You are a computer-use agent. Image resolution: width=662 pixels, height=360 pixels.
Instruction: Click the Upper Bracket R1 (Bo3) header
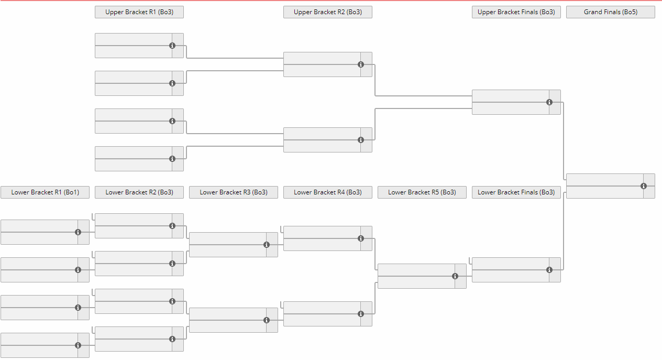click(x=139, y=12)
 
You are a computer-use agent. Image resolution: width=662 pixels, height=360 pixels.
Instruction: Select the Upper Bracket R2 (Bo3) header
click(x=328, y=12)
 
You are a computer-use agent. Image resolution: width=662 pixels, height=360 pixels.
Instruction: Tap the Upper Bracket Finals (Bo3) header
click(x=516, y=12)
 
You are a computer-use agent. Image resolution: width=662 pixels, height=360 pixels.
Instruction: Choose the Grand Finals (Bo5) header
click(x=611, y=12)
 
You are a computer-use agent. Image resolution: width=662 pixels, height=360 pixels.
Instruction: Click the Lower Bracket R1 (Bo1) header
click(x=45, y=192)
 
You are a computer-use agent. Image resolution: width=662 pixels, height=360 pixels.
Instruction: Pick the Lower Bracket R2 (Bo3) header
click(x=139, y=192)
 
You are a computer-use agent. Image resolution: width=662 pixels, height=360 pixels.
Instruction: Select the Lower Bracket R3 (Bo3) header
click(x=234, y=192)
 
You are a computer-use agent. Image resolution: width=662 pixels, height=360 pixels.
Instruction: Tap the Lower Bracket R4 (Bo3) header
click(x=328, y=192)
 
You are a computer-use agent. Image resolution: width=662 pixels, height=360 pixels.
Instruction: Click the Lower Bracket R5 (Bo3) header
click(x=422, y=192)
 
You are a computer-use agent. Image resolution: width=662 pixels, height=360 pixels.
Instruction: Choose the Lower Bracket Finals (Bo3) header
click(x=516, y=192)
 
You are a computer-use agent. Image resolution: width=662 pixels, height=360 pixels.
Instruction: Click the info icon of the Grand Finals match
click(x=644, y=186)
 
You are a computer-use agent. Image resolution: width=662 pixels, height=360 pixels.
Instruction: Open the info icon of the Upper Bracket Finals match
click(x=549, y=102)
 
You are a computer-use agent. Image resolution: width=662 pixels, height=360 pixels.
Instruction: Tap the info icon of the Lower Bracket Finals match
click(x=549, y=270)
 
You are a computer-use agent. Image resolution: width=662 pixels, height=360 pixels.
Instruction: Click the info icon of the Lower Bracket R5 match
click(x=455, y=276)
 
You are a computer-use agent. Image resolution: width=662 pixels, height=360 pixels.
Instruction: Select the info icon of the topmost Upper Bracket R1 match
click(x=172, y=46)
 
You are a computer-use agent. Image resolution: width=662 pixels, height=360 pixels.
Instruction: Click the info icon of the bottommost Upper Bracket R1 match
click(x=172, y=159)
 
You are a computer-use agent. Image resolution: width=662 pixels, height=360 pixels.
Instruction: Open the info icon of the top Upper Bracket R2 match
click(x=361, y=64)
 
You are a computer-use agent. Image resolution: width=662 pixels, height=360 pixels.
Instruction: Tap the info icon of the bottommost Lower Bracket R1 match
click(x=78, y=345)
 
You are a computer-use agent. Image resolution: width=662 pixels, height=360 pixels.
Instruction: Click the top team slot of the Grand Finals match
click(x=605, y=180)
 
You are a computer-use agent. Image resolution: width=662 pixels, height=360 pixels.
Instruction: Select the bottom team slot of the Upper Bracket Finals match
click(x=511, y=108)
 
